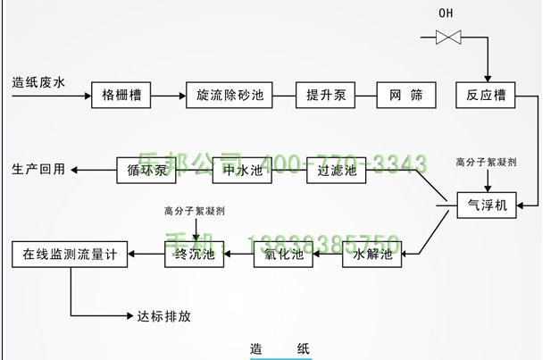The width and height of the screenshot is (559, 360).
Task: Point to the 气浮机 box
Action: coord(487,205)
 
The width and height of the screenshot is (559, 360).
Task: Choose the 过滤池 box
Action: coord(337,170)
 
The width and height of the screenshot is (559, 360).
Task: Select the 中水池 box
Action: coord(240,170)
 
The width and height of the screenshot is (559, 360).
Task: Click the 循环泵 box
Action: coord(142,170)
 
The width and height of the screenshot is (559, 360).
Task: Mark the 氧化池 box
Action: coord(284,255)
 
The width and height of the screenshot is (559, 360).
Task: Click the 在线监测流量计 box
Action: coord(70,255)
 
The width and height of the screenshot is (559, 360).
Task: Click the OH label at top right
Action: coord(446,13)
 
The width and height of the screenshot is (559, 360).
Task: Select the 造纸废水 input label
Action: coord(39,83)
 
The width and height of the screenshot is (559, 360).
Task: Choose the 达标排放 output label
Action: coord(164,315)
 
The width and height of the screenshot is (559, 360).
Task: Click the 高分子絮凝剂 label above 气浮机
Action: coord(487,163)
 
